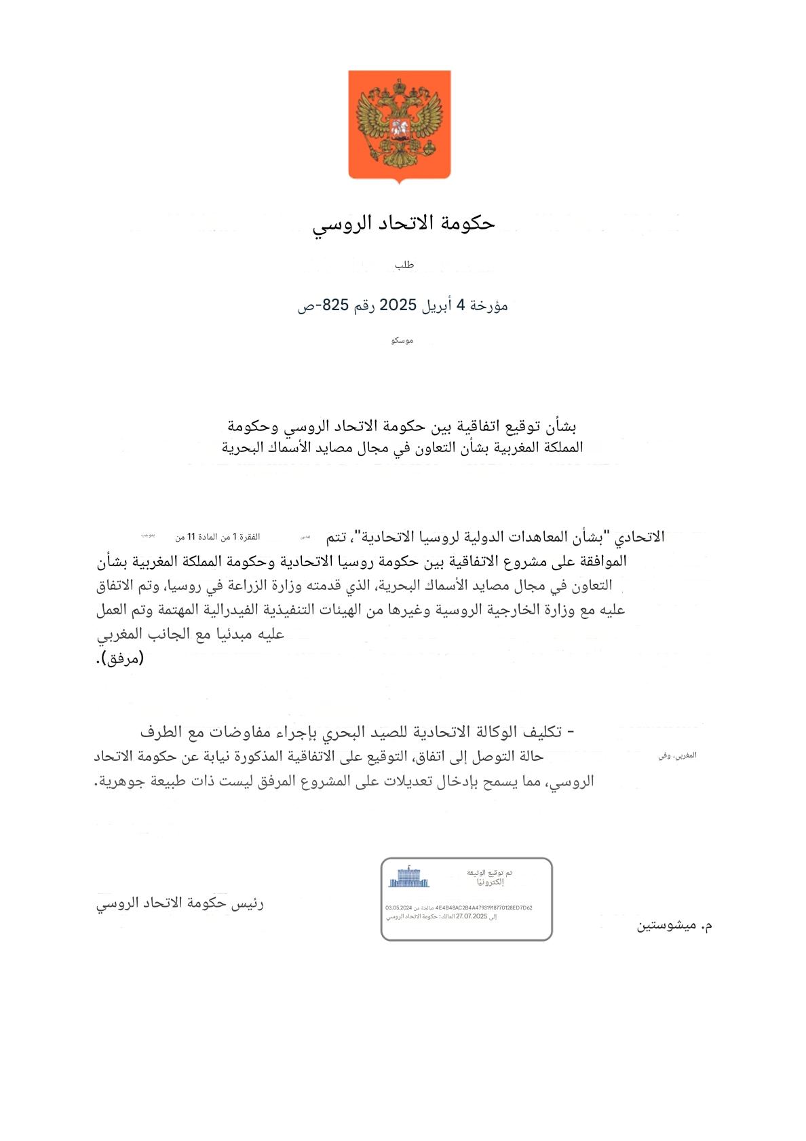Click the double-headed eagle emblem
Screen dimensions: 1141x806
(399, 126)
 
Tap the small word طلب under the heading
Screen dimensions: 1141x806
(404, 265)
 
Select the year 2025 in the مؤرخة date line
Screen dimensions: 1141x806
(398, 305)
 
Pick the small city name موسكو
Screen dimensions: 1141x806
(402, 340)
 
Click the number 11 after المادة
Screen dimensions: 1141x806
(191, 537)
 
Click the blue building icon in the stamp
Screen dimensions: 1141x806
(408, 877)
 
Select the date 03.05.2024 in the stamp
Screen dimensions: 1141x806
(399, 908)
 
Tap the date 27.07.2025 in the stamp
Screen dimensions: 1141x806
(472, 916)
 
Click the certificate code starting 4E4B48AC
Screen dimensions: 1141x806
(484, 908)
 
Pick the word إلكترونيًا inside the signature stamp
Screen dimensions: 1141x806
(490, 882)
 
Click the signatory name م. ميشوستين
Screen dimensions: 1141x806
(674, 925)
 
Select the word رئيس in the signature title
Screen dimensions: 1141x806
(248, 903)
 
